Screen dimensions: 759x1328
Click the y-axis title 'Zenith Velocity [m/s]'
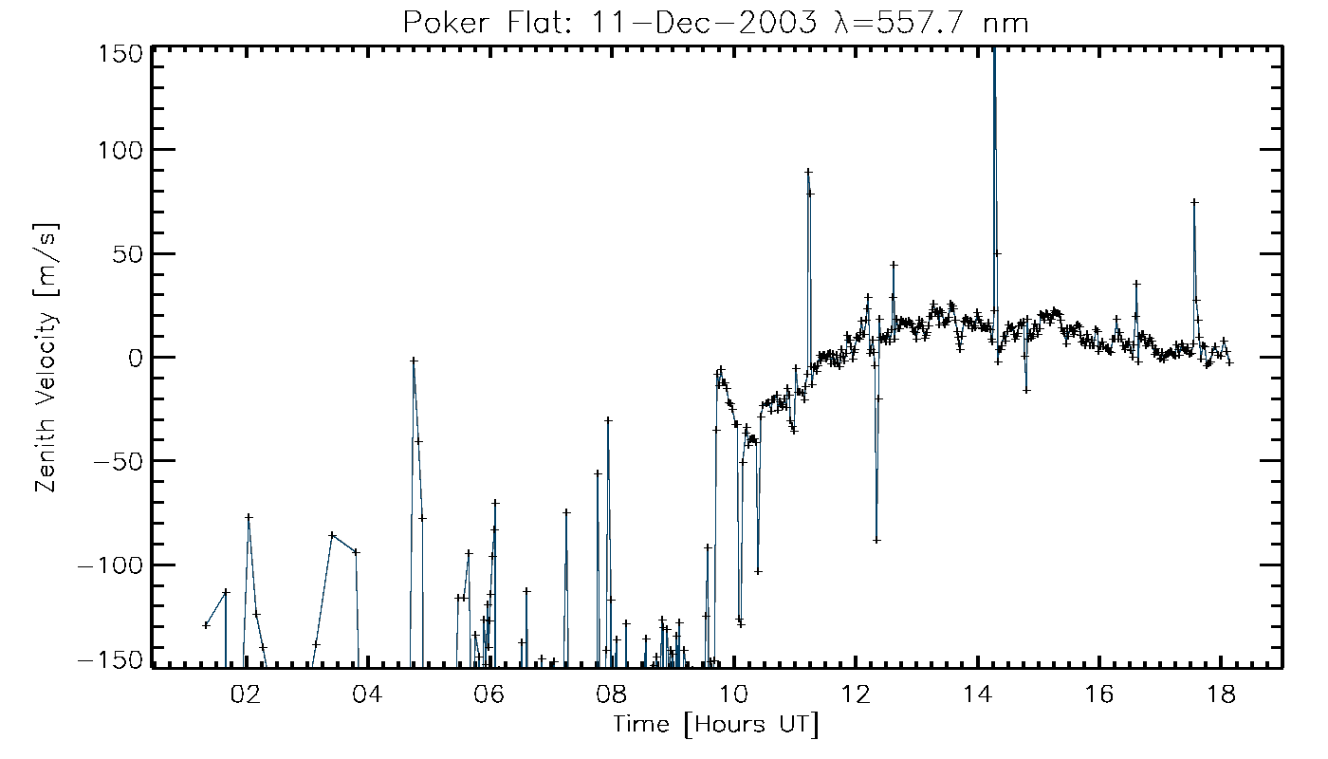click(x=48, y=358)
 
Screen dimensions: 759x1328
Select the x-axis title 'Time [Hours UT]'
click(x=716, y=726)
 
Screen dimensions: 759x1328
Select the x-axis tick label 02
click(x=246, y=694)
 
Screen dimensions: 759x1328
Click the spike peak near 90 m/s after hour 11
click(x=808, y=172)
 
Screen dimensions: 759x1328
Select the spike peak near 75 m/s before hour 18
click(x=1194, y=201)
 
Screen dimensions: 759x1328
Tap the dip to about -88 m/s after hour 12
click(x=876, y=540)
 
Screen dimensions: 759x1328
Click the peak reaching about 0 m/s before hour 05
click(x=414, y=361)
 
